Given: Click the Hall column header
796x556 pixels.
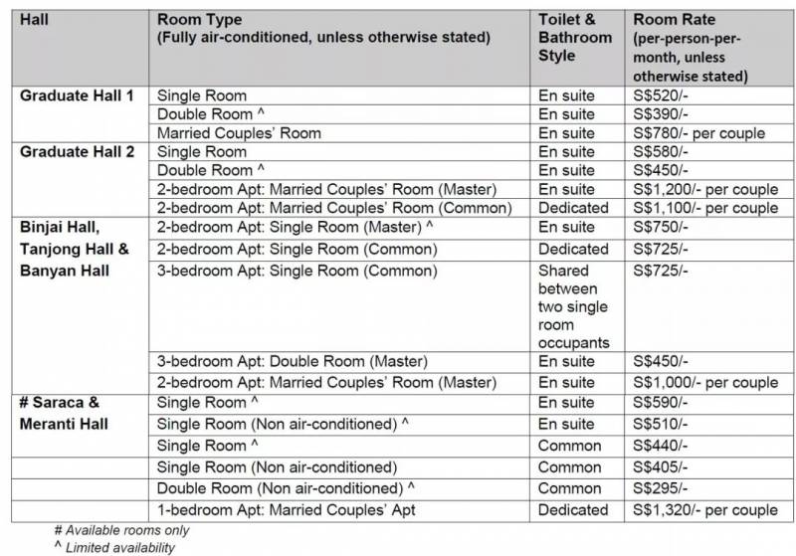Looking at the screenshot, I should coord(37,19).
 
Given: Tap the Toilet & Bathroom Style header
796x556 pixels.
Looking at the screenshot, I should coord(575,38).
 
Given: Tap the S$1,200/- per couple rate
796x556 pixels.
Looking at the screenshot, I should coord(705,189).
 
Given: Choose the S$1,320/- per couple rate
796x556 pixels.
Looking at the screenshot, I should coord(705,510).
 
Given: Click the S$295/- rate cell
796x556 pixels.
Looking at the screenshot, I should coord(660,488).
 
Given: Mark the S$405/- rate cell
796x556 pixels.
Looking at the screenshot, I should coord(660,466).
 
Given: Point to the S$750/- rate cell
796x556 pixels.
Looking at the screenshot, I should coord(660,228).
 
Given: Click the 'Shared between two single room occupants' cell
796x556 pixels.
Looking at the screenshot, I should coord(573,306).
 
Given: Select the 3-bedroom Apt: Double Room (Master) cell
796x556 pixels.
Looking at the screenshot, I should coord(293,361).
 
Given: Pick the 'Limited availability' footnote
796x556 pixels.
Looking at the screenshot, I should coord(116,547).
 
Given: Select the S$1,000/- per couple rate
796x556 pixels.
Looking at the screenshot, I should coord(705,383).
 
